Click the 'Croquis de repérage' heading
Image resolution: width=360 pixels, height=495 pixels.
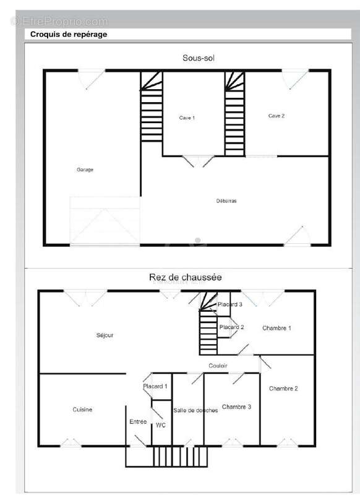click(69, 35)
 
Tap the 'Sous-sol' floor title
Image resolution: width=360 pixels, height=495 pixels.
click(199, 58)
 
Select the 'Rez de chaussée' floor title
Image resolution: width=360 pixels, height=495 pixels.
click(185, 277)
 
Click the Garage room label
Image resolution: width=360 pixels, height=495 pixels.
click(85, 170)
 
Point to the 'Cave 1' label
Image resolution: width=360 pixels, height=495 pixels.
click(187, 118)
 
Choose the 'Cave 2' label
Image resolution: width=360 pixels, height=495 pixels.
click(276, 116)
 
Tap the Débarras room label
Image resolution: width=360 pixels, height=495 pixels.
click(226, 200)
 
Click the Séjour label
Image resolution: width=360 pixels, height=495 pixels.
click(105, 335)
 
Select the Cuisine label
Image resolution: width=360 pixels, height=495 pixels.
click(82, 410)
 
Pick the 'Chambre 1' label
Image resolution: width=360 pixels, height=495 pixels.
click(276, 329)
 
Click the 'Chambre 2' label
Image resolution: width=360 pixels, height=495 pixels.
click(283, 389)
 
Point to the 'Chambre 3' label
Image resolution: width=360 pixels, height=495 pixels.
click(237, 407)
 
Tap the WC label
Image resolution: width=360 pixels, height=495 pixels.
click(161, 425)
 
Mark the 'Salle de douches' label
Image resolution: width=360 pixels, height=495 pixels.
click(195, 410)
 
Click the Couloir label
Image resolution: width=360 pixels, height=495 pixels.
click(218, 366)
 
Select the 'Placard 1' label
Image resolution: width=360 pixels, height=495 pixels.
click(155, 386)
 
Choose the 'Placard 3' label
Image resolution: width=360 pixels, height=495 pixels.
click(230, 304)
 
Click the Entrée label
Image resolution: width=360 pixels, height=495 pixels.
click(138, 422)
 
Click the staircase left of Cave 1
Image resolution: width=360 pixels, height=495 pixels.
click(152, 106)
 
